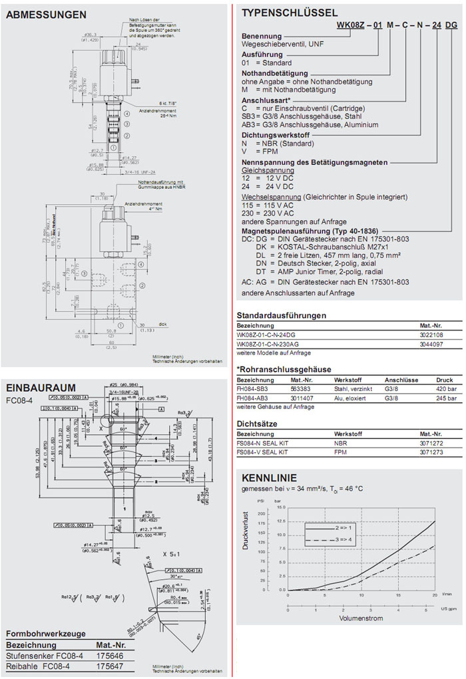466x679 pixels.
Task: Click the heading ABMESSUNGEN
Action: coord(45,14)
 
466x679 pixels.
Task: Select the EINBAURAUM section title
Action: coord(41,387)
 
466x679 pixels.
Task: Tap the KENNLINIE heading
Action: coord(269,478)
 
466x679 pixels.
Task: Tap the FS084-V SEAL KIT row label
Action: coord(262,452)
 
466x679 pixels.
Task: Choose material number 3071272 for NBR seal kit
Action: coord(432,442)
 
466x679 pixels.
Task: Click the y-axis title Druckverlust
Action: coord(245,548)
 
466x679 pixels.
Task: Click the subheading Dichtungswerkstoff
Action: coord(276,134)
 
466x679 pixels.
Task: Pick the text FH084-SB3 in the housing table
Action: coord(254,388)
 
